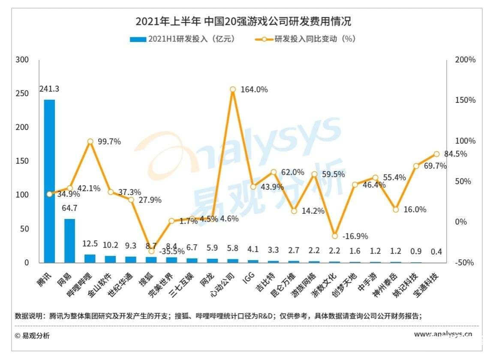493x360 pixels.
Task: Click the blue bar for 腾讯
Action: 49,181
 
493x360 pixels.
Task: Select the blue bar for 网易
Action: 69,240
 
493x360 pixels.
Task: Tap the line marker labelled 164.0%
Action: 233,90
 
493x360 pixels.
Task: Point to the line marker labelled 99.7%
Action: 90,141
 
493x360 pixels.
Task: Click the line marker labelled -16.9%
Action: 335,236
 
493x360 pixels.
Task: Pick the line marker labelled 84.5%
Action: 436,154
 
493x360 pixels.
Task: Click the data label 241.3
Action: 49,89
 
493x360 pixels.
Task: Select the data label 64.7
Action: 69,209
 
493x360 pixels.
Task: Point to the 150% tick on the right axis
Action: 465,100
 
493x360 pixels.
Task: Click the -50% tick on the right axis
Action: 465,263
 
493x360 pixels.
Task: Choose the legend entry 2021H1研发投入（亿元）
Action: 182,39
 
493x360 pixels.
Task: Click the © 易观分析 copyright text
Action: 32,336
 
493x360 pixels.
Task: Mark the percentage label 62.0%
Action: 293,172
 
